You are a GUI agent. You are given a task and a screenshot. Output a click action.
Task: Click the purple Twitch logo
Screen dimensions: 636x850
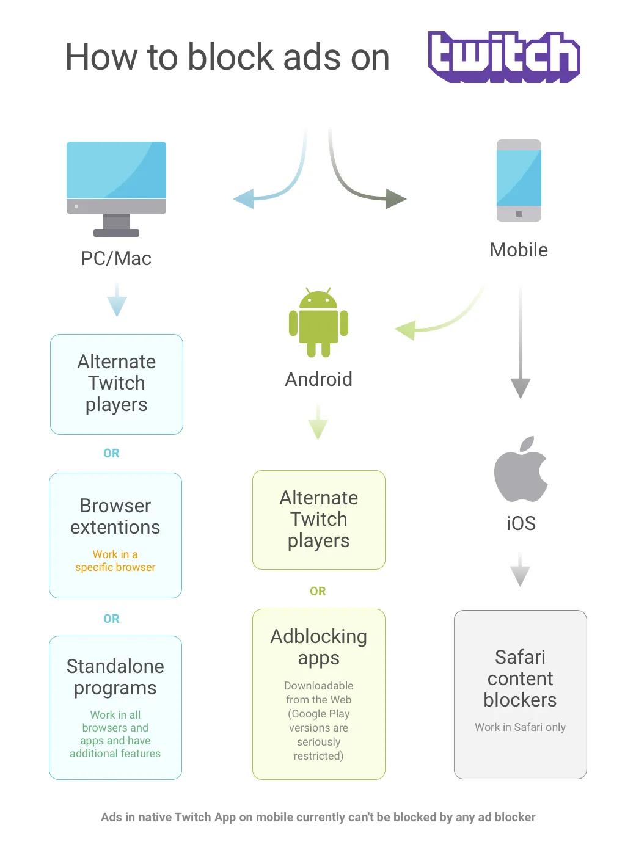[503, 57]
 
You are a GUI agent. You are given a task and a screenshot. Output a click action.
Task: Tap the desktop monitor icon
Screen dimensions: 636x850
[116, 189]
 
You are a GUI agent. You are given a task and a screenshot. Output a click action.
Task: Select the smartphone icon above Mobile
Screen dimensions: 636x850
[519, 181]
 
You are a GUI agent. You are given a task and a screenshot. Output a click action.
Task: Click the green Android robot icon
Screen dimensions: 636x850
[318, 322]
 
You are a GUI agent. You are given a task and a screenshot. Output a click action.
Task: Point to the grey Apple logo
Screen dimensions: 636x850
[520, 469]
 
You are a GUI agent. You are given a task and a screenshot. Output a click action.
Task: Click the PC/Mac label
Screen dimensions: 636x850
[116, 258]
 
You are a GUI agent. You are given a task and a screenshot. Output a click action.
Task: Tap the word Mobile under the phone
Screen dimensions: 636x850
[519, 250]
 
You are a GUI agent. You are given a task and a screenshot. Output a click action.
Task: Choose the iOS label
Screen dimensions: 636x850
[521, 523]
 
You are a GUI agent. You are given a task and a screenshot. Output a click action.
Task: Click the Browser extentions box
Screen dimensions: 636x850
[115, 535]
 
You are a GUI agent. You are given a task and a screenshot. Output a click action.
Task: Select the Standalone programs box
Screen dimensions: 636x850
[115, 707]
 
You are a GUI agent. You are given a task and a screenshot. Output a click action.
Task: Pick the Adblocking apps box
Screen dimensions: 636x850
[318, 694]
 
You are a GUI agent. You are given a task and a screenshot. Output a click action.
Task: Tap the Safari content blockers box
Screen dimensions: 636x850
[520, 694]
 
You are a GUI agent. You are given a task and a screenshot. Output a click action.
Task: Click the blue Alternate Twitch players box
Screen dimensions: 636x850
[116, 384]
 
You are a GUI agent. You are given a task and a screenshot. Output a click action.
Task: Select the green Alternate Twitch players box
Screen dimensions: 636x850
[318, 520]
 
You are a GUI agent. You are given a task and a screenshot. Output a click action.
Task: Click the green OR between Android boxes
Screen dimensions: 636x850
[318, 591]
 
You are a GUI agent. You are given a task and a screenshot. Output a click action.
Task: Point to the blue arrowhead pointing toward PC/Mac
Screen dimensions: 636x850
[244, 198]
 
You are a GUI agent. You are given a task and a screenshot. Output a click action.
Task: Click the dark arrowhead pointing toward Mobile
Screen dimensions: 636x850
[396, 198]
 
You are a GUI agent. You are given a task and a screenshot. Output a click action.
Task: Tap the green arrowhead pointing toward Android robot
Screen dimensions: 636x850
[405, 330]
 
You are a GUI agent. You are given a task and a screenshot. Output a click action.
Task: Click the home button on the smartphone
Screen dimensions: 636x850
[519, 214]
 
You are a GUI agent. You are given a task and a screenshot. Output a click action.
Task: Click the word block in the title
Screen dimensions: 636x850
[231, 57]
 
